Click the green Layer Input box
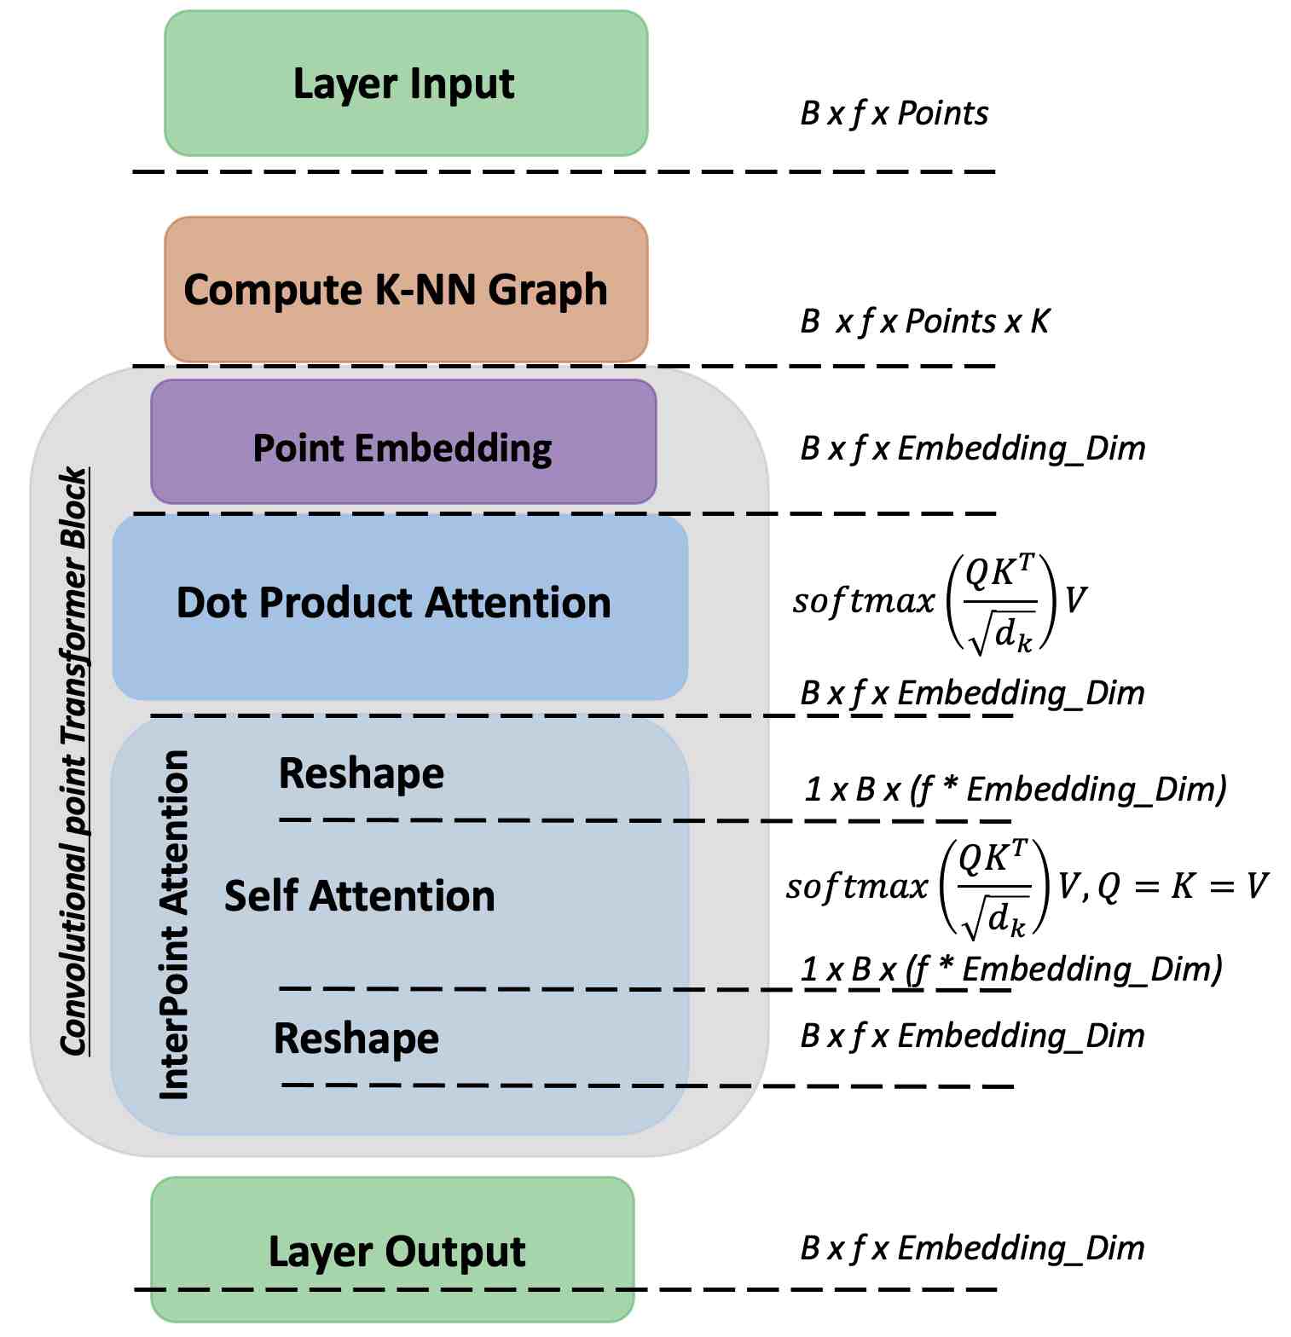tap(406, 84)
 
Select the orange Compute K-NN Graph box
tap(406, 290)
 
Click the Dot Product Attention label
tap(393, 603)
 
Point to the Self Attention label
tap(359, 896)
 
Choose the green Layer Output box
tap(393, 1249)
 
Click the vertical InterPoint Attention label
tap(175, 925)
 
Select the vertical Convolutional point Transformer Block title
tap(75, 761)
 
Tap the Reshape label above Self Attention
tap(362, 774)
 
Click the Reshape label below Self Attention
tap(356, 1039)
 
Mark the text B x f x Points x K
tap(924, 321)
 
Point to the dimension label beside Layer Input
tap(894, 113)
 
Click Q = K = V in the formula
tap(1182, 886)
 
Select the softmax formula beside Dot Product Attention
tap(939, 602)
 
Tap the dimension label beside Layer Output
tap(972, 1247)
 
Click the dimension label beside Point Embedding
tap(972, 448)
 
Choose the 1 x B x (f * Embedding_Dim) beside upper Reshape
tap(1015, 789)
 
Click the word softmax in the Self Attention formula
tap(856, 887)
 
